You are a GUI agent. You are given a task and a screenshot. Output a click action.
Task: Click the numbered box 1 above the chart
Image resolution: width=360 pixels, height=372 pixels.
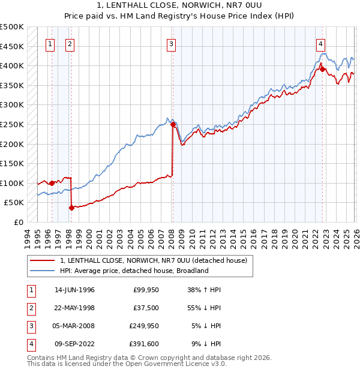50,43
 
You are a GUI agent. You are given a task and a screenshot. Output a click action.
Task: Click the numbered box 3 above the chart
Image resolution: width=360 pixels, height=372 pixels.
172,43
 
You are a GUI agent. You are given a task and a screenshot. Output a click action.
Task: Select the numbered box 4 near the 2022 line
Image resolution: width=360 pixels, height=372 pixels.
321,43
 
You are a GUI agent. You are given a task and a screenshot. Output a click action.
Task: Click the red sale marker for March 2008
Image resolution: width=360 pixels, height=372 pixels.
173,125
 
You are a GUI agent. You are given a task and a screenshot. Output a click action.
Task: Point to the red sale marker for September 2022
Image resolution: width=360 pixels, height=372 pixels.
322,69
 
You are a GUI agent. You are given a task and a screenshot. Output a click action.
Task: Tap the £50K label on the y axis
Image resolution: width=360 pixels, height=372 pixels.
14,203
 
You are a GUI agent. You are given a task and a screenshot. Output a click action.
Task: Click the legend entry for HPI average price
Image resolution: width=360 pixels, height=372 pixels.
133,271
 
